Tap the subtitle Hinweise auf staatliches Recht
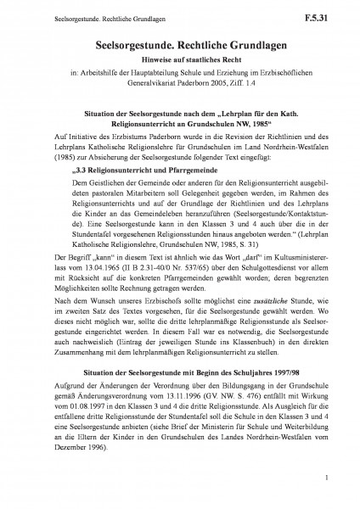click(179, 62)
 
